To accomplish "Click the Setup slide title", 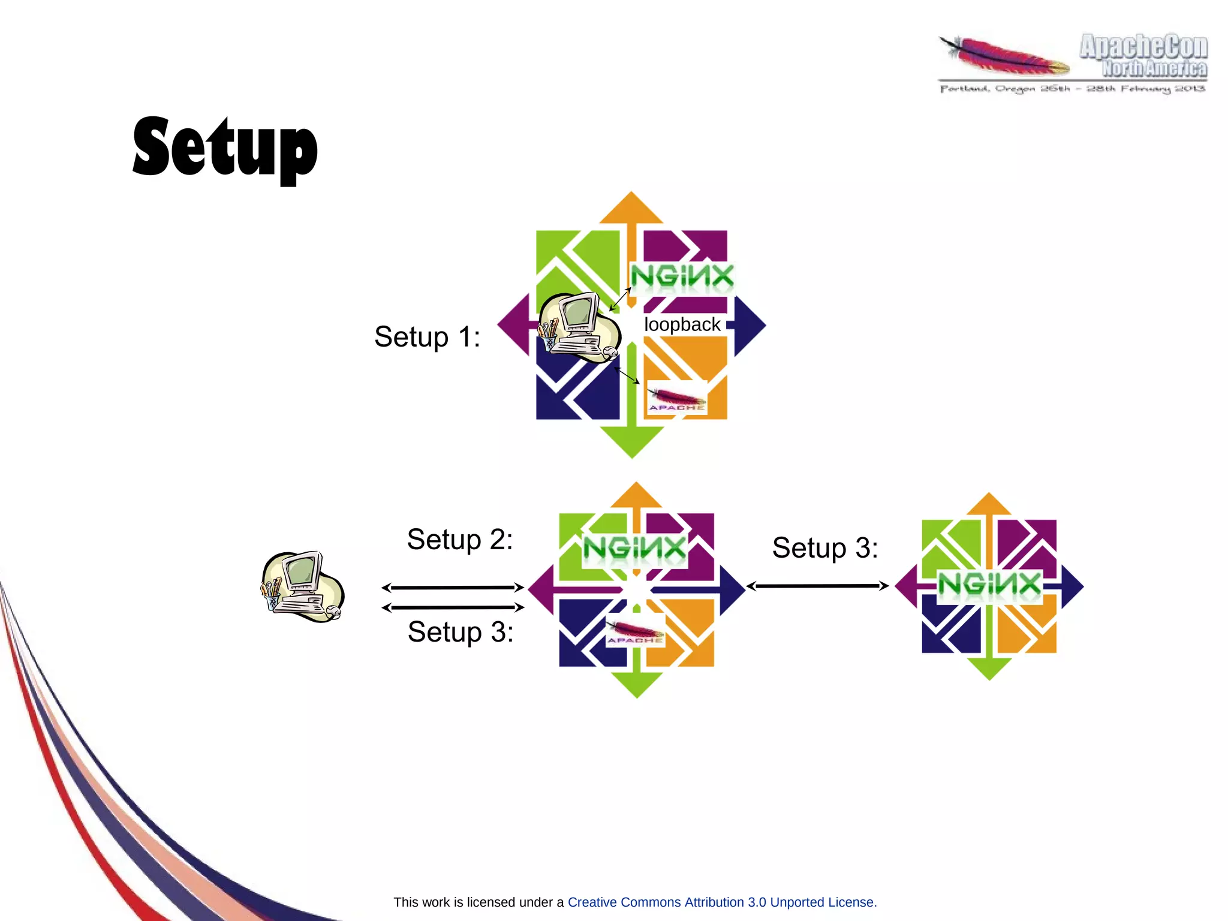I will pyautogui.click(x=225, y=148).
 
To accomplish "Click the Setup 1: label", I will pyautogui.click(x=427, y=336).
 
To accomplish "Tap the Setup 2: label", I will pyautogui.click(x=459, y=539).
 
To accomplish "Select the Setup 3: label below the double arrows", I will pyautogui.click(x=460, y=631).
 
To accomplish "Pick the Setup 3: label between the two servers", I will pyautogui.click(x=824, y=547).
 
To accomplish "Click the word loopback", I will pyautogui.click(x=682, y=324).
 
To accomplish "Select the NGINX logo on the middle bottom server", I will pyautogui.click(x=634, y=549).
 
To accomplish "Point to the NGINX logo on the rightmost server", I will pyautogui.click(x=989, y=583).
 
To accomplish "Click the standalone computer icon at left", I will pyautogui.click(x=302, y=586).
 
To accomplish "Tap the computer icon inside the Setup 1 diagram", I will pyautogui.click(x=578, y=327).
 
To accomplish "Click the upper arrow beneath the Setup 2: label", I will pyautogui.click(x=453, y=588).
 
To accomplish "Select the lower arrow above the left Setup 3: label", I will pyautogui.click(x=453, y=607).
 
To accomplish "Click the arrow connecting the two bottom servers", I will pyautogui.click(x=817, y=586).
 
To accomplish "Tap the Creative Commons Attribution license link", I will pyautogui.click(x=722, y=902).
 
